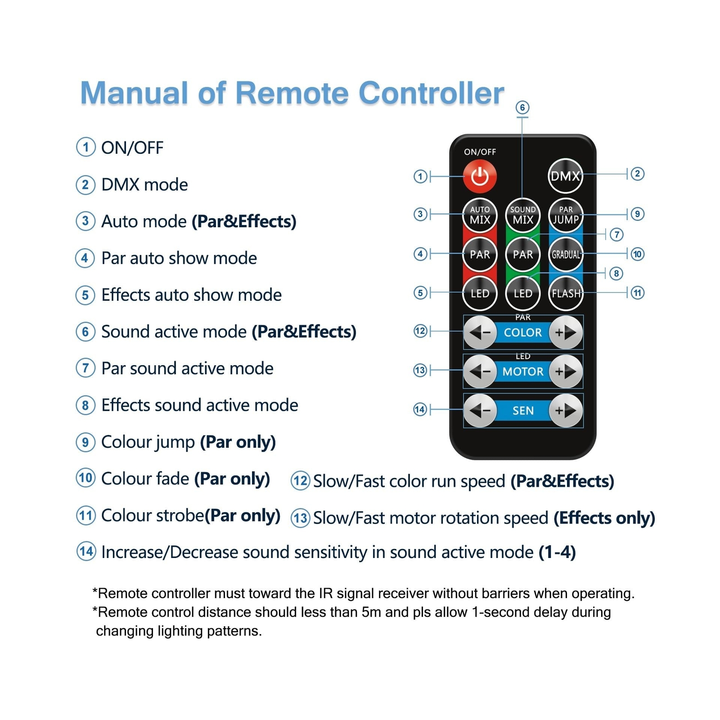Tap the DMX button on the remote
[565, 175]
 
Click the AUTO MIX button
[480, 215]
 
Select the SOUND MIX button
[522, 215]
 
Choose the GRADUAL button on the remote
[566, 254]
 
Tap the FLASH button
[566, 293]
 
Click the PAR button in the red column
[480, 254]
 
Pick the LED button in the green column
[522, 293]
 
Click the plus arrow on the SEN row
[566, 410]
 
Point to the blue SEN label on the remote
[523, 410]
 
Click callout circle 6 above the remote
[522, 107]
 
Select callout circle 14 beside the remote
[420, 409]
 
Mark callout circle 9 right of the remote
[637, 214]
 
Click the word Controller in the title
[431, 93]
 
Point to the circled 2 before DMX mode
[85, 184]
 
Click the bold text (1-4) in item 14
[557, 552]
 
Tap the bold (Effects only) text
[604, 518]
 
